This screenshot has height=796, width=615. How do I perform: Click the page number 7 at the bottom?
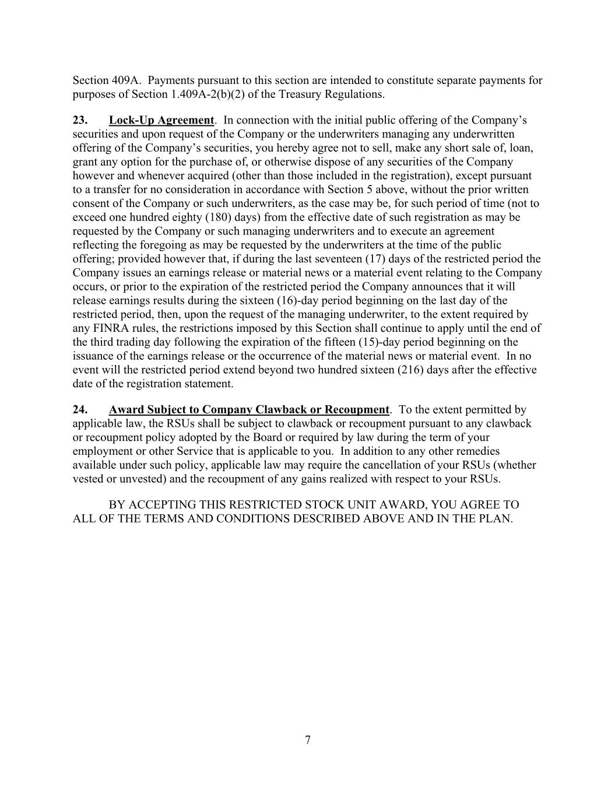(307, 741)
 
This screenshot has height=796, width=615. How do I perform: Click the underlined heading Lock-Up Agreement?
(161, 120)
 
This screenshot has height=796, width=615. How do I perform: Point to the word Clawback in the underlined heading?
(282, 409)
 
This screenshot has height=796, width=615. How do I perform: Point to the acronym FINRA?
(108, 328)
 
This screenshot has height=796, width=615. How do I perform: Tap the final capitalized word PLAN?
(496, 518)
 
